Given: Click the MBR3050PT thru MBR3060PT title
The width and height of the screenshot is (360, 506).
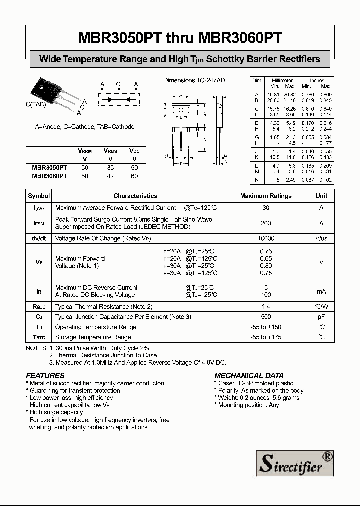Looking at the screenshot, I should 180,38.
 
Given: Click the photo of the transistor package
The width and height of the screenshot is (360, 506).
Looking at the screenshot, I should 52,95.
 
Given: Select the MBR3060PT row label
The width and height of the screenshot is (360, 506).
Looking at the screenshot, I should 49,176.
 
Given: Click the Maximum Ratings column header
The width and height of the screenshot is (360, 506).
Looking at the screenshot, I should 266,196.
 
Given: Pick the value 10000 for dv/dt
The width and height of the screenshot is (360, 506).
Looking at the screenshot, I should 266,239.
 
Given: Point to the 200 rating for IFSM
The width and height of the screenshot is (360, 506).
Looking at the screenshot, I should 266,223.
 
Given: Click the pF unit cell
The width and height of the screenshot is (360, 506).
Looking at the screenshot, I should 321,317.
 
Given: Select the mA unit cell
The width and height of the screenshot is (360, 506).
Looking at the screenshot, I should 321,291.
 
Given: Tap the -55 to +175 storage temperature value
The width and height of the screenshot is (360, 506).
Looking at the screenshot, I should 266,337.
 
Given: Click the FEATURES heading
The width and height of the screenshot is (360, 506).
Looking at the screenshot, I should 45,375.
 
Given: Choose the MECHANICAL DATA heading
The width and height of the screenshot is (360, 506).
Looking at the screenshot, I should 249,375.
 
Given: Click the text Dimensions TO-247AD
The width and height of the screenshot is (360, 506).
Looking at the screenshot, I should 194,80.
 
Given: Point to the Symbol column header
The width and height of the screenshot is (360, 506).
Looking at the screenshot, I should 39,196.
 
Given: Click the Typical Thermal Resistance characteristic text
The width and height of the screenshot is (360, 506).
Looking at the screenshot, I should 104,306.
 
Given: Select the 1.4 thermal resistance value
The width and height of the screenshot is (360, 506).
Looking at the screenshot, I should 266,306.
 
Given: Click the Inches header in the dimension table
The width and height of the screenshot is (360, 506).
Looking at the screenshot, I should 317,80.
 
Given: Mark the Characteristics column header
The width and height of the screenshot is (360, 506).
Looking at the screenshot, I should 135,196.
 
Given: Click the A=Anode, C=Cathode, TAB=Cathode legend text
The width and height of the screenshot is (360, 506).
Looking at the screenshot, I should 85,127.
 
